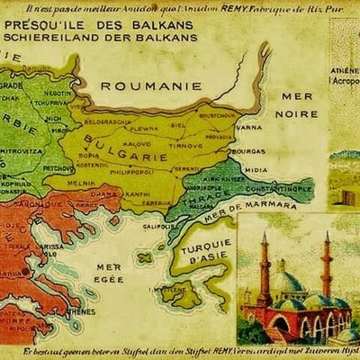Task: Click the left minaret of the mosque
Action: [x=264, y=270]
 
